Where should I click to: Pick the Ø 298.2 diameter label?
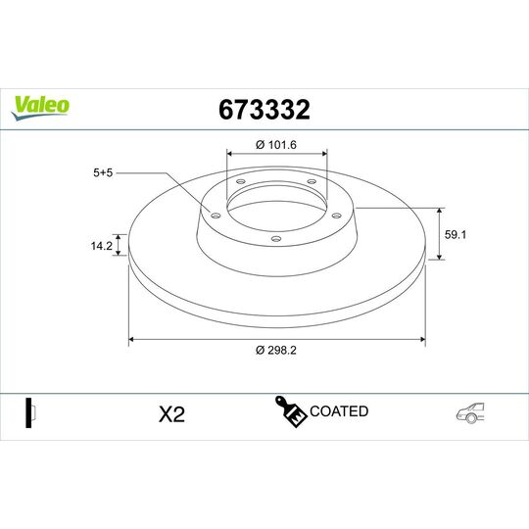[274, 351]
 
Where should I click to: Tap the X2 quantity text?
[171, 413]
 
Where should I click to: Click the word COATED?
[339, 411]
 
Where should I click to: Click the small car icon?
[467, 413]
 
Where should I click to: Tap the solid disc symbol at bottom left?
[29, 412]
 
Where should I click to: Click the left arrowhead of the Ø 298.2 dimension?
[132, 340]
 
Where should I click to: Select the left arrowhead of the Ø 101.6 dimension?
[230, 153]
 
